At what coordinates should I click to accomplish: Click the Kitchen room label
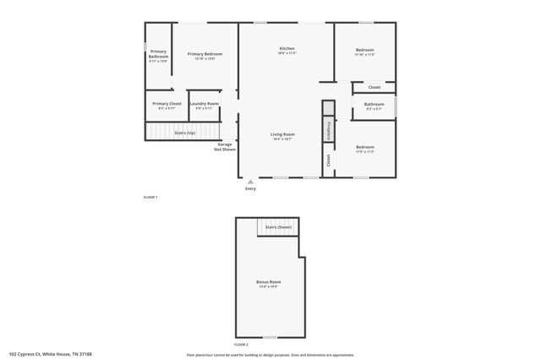click(x=287, y=49)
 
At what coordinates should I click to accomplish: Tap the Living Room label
click(x=282, y=134)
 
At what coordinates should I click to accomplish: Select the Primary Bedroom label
click(x=205, y=54)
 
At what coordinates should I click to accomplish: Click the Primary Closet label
click(x=167, y=103)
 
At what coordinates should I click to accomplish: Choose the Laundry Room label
click(x=204, y=103)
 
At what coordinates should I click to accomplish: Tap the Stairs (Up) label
click(x=184, y=133)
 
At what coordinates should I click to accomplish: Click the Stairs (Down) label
click(x=278, y=227)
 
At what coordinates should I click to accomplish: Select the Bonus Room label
click(x=269, y=281)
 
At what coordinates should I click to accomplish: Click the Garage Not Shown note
click(x=224, y=146)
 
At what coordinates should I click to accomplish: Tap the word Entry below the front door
click(x=250, y=188)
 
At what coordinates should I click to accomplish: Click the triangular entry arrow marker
click(x=250, y=181)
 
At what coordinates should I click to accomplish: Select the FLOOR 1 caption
click(x=150, y=197)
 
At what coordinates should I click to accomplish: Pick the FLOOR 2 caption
click(x=242, y=345)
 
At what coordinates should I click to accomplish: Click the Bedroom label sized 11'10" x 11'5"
click(x=364, y=50)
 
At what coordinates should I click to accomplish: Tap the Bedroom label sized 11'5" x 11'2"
click(x=364, y=147)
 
